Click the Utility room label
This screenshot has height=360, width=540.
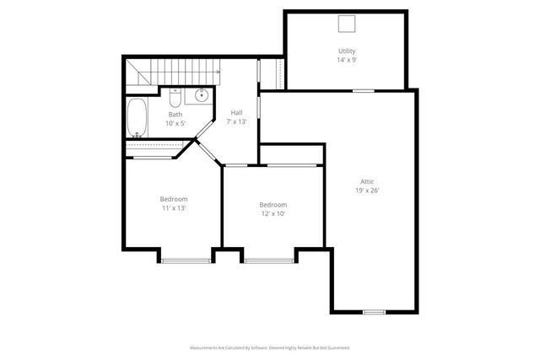coord(347,51)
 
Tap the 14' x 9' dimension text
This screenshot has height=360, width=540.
coord(347,61)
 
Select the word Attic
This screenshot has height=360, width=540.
coord(367,181)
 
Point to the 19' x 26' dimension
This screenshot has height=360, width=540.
coord(367,191)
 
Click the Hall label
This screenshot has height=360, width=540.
coord(236,113)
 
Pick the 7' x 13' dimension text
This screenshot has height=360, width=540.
coord(236,122)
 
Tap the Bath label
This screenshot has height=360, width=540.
coord(175,115)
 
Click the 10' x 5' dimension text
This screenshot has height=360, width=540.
coord(175,124)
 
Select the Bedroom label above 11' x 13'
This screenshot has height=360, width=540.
coord(174,199)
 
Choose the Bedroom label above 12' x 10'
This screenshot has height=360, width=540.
coord(273,205)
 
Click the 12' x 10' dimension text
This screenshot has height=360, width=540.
coord(273,214)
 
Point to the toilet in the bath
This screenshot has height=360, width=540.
coord(174,95)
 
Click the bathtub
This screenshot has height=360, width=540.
coord(138,117)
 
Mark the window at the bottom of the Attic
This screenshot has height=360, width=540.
coord(374,312)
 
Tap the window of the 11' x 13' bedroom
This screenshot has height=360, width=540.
coord(185,261)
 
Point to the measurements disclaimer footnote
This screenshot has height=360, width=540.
coord(269,347)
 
